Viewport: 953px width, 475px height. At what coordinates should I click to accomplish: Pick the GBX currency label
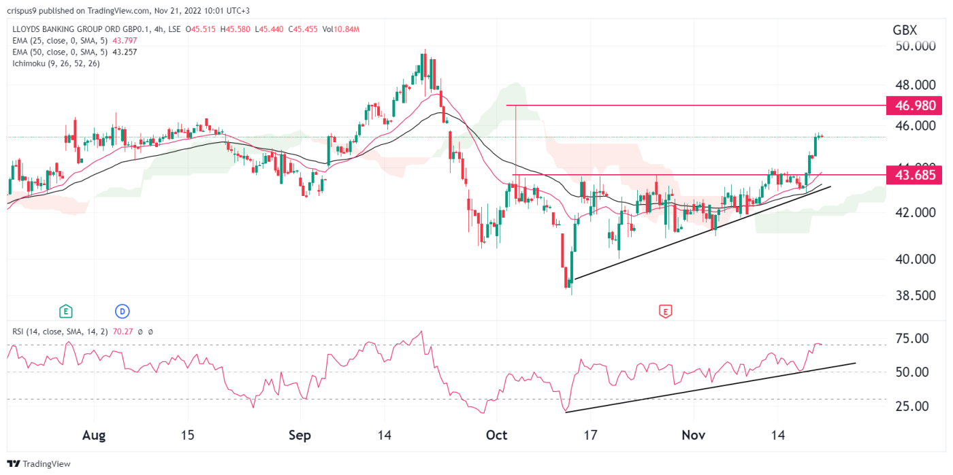[x=905, y=30]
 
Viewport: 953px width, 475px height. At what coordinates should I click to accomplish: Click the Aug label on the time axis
[x=94, y=435]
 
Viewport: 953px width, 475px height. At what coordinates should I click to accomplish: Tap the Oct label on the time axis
[x=497, y=435]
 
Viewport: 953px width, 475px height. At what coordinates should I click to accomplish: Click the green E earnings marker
[x=66, y=312]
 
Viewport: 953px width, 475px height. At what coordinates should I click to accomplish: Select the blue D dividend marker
[x=123, y=312]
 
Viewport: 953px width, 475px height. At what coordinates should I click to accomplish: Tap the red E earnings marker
[x=665, y=312]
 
